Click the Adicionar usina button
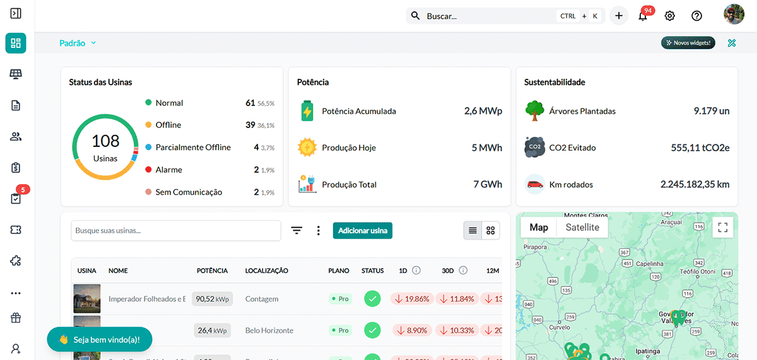point(363,231)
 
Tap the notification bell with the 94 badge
point(643,16)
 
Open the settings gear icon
point(670,16)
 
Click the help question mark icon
point(696,16)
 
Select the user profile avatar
point(734,15)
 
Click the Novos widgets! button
point(688,43)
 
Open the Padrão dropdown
point(78,43)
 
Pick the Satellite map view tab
point(582,228)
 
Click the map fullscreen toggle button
point(723,228)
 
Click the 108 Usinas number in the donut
point(105,141)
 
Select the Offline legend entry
point(168,125)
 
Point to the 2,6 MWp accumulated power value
point(483,111)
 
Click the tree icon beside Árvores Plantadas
point(534,111)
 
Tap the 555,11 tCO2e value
point(700,148)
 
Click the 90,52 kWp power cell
point(213,299)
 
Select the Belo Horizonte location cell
point(269,330)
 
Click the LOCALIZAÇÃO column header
point(266,270)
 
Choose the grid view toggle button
point(490,231)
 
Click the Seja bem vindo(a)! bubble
point(100,339)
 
